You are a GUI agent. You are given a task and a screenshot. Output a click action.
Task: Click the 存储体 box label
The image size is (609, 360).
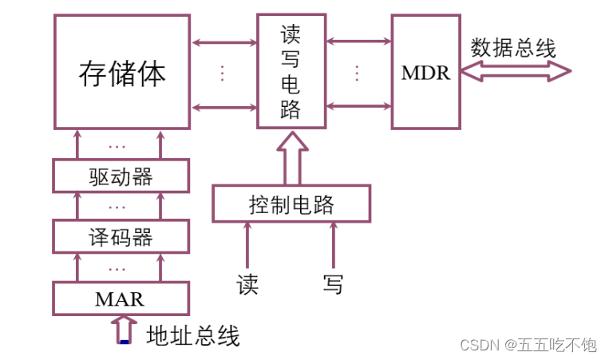[x=122, y=73]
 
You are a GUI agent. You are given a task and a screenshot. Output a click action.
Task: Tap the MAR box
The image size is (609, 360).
[x=121, y=299]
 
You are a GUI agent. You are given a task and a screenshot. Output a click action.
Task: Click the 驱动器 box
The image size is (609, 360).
[x=121, y=176]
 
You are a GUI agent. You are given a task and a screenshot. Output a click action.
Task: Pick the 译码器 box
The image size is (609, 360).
[x=121, y=237]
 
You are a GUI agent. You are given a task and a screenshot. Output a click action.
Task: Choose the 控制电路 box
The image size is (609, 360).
[x=291, y=204]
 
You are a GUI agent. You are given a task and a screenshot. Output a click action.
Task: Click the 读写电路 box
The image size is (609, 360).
[x=291, y=72]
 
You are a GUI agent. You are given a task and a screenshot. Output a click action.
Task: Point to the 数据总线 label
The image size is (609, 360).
[x=512, y=47]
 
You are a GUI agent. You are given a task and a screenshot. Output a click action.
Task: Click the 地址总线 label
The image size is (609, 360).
[x=193, y=336]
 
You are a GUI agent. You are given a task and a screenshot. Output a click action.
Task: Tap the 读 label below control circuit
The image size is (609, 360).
[x=247, y=283]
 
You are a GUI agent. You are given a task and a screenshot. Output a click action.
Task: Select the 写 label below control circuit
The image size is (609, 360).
[x=334, y=283]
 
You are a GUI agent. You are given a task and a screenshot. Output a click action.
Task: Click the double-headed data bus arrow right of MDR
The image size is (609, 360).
[x=516, y=73]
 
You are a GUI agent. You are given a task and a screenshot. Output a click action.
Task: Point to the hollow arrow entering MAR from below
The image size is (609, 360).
[x=125, y=328]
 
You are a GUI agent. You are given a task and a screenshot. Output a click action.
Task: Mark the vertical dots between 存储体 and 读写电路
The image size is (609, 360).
[x=223, y=73]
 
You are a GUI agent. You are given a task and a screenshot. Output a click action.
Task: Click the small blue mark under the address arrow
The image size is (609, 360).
[x=125, y=342]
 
